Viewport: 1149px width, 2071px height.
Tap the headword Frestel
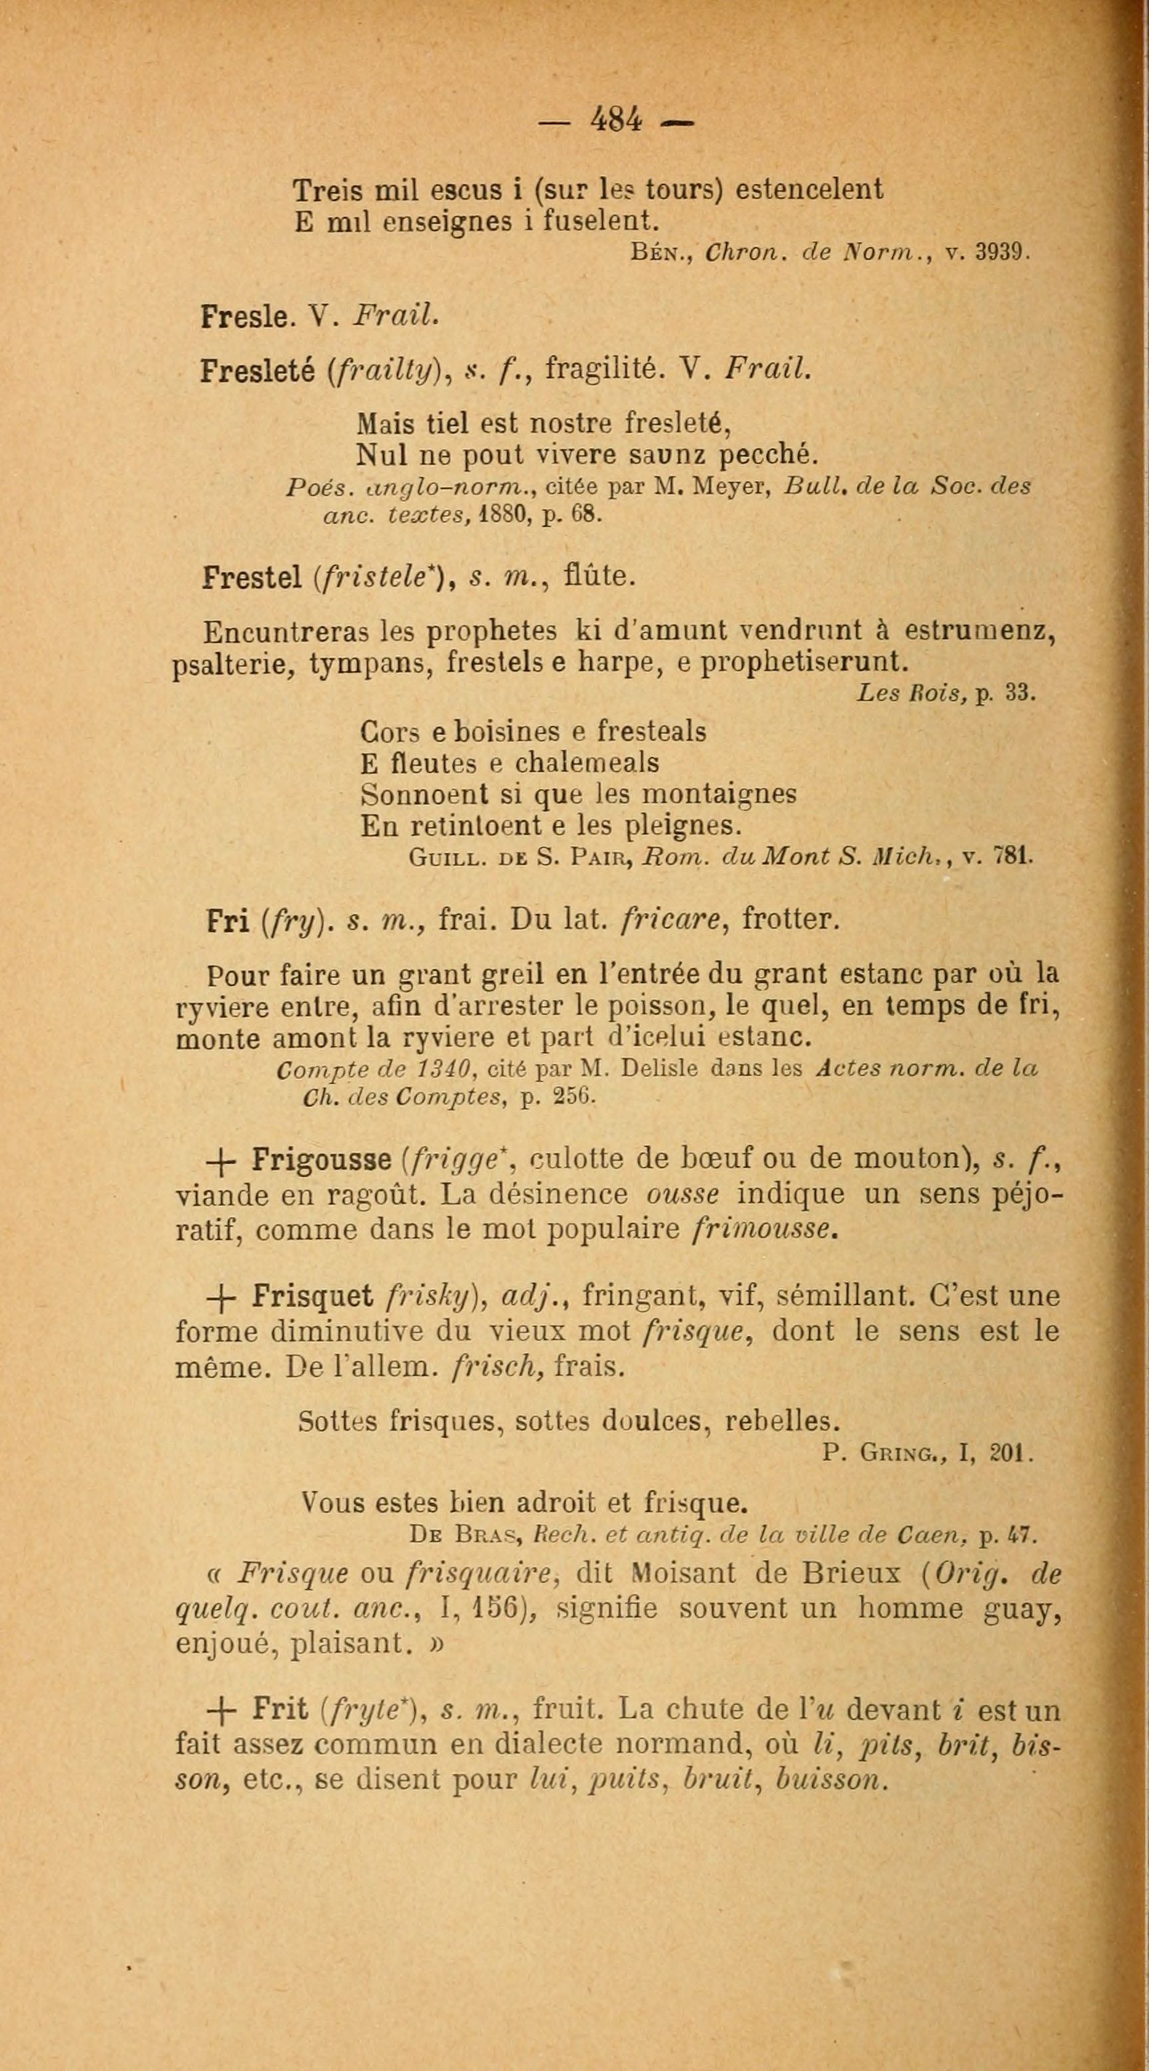click(x=252, y=577)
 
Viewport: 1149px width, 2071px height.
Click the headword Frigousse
click(x=320, y=1159)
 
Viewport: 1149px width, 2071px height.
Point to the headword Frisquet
click(x=312, y=1296)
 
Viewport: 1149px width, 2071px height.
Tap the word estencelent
click(x=810, y=190)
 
